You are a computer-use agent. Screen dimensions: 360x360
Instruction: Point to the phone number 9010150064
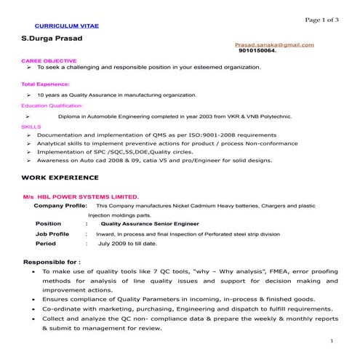pos(257,52)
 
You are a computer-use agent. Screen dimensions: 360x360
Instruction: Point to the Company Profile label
pos(60,206)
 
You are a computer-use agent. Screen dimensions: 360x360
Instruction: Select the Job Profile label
pos(52,234)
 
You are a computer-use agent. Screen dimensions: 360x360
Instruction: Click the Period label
pos(46,244)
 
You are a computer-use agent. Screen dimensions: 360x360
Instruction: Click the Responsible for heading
pos(52,260)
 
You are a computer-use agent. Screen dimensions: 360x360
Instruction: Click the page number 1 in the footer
pos(331,341)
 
